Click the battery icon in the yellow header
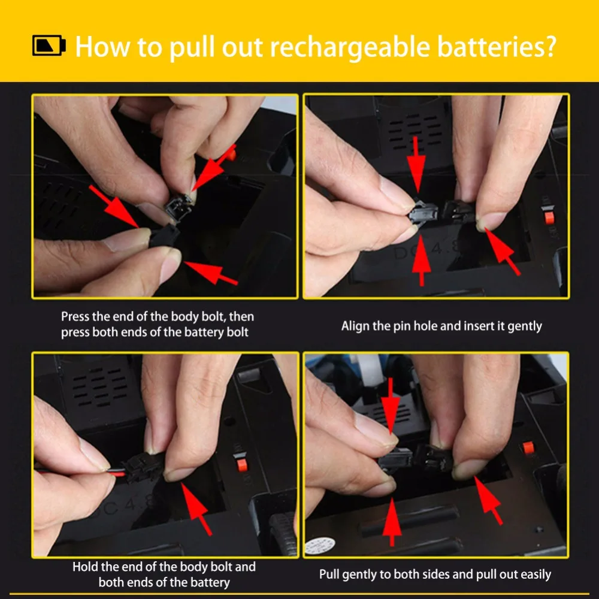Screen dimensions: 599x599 (x=49, y=46)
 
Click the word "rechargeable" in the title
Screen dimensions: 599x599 (x=350, y=47)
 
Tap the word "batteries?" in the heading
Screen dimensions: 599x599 (x=497, y=46)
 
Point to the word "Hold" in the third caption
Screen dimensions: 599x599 (x=85, y=567)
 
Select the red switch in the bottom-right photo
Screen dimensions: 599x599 (x=528, y=447)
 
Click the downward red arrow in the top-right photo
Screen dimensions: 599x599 (x=416, y=165)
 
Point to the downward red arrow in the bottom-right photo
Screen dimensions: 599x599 (x=391, y=406)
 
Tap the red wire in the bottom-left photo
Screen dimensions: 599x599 (x=117, y=473)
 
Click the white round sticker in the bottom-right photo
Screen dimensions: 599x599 (x=320, y=546)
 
